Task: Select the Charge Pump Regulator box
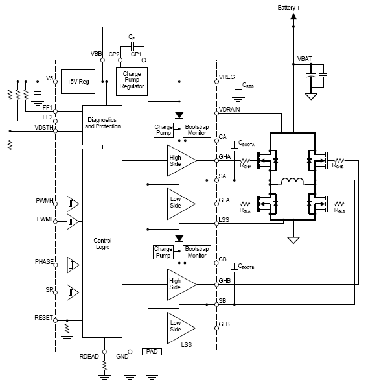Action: [x=132, y=81]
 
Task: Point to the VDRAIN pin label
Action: [x=231, y=109]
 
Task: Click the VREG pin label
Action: [x=228, y=77]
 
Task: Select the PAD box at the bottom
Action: [x=152, y=351]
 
